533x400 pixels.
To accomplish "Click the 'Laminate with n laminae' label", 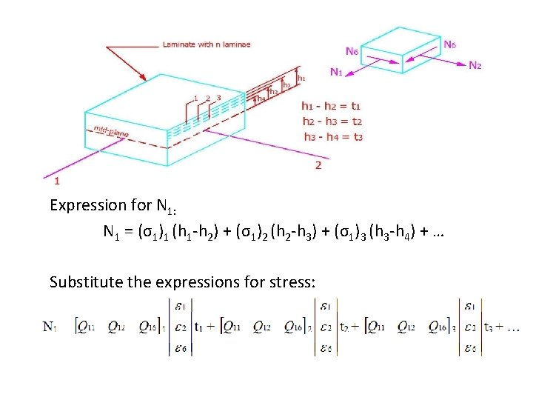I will pos(207,44).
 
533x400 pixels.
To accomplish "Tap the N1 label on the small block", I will pos(337,72).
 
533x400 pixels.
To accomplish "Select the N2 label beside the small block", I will pos(475,65).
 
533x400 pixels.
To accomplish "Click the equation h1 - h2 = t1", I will pos(332,106).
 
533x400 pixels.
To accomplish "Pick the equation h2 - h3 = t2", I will pos(332,121).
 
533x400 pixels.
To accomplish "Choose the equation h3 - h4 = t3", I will pos(332,136).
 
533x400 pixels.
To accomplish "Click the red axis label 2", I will pos(318,164).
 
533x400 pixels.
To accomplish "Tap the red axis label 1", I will pos(58,180).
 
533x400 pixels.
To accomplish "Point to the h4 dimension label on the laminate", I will pos(261,98).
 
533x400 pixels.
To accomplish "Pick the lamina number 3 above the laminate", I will pos(218,98).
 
